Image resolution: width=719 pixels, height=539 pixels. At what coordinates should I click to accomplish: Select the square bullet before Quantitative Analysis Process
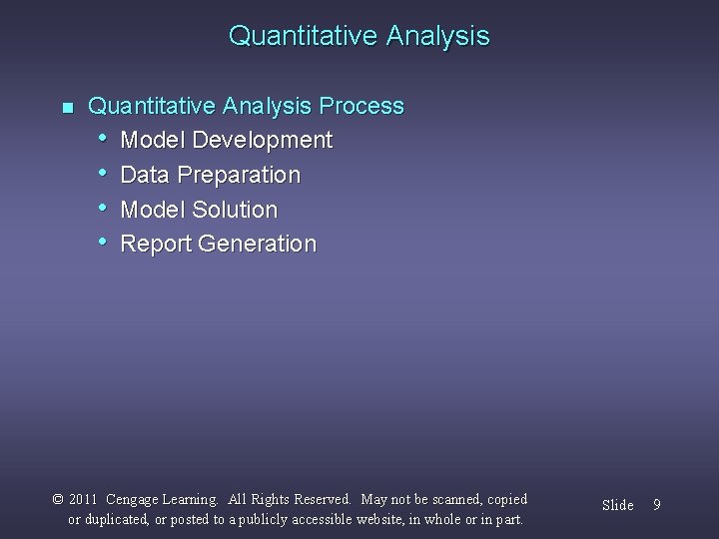tap(67, 107)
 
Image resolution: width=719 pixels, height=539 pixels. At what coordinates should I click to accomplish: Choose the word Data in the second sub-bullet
tap(144, 176)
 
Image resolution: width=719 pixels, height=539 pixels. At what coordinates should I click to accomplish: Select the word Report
tap(156, 245)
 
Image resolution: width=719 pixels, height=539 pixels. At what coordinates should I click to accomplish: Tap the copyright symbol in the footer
tap(58, 499)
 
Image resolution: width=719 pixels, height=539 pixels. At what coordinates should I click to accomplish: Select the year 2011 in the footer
tap(83, 499)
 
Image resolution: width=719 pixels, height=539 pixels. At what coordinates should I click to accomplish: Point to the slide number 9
tap(656, 505)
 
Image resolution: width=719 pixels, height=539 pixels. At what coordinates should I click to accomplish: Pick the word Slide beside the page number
tap(617, 505)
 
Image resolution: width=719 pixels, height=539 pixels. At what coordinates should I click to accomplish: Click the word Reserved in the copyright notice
tap(322, 499)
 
